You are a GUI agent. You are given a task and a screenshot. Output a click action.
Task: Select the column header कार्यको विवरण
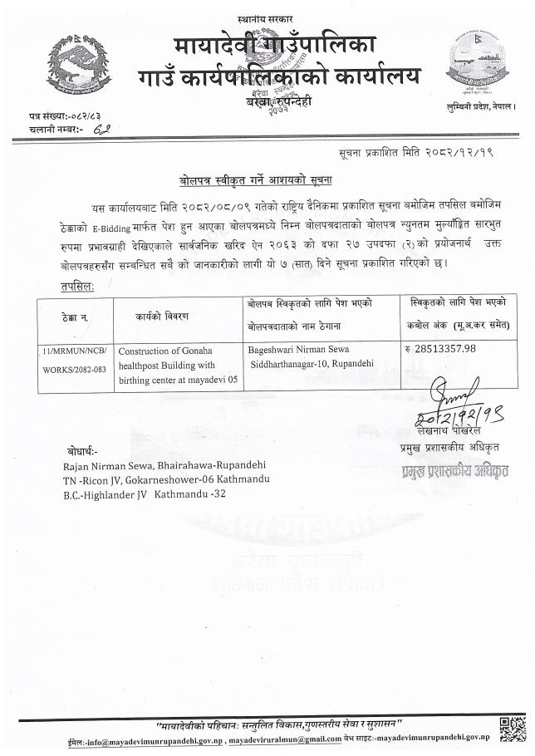tap(164, 317)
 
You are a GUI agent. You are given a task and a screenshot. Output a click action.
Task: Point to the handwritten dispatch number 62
tap(104, 130)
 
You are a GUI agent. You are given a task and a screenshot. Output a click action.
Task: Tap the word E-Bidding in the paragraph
tap(86, 224)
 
